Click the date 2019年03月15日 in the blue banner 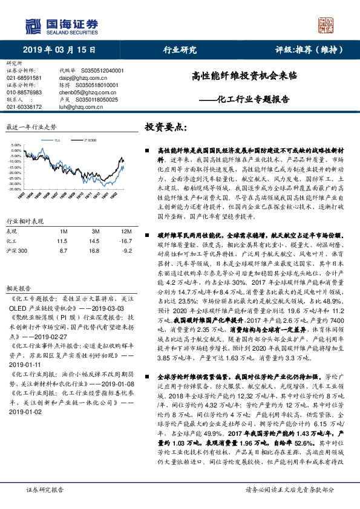tap(54, 50)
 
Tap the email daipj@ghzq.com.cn tap(82, 78)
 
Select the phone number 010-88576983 tap(24, 92)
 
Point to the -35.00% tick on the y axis tap(15, 189)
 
